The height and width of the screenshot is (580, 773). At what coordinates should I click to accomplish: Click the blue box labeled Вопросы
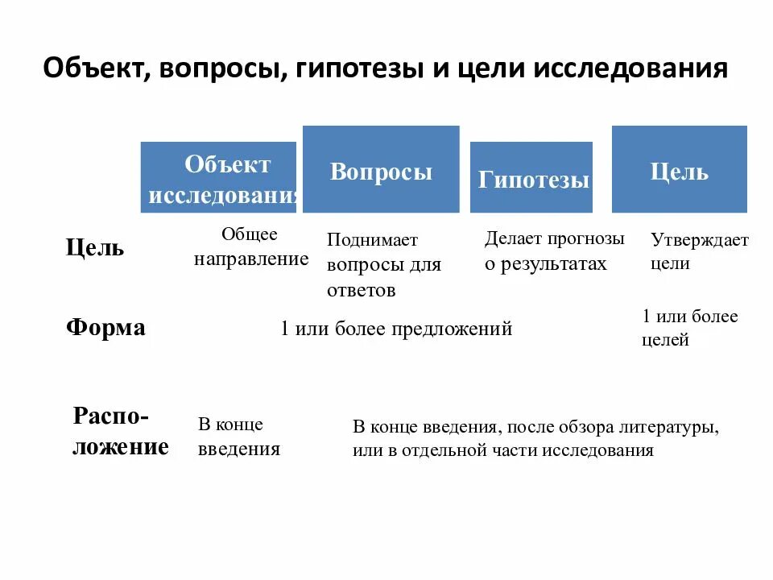(x=381, y=170)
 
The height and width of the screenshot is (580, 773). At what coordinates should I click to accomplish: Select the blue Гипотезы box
(x=531, y=178)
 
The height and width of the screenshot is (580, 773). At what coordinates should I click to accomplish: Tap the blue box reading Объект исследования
(x=218, y=178)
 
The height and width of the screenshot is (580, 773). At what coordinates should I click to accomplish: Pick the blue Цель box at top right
(x=679, y=170)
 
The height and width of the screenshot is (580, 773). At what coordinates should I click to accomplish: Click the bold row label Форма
(x=105, y=328)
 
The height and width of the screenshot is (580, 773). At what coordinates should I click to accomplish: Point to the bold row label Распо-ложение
(x=121, y=432)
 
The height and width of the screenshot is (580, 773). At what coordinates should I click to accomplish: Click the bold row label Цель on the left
(x=95, y=247)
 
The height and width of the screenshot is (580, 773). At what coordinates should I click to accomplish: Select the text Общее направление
(x=250, y=246)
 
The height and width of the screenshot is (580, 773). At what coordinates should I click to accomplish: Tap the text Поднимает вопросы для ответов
(x=384, y=265)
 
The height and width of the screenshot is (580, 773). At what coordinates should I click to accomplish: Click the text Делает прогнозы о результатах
(x=554, y=251)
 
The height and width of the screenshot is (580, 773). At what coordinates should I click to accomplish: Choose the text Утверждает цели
(x=699, y=251)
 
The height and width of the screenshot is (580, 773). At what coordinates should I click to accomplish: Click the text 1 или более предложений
(x=396, y=329)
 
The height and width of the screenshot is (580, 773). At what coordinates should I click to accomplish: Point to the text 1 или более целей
(x=689, y=328)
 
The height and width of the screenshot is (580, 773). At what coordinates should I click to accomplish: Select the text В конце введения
(x=238, y=437)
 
